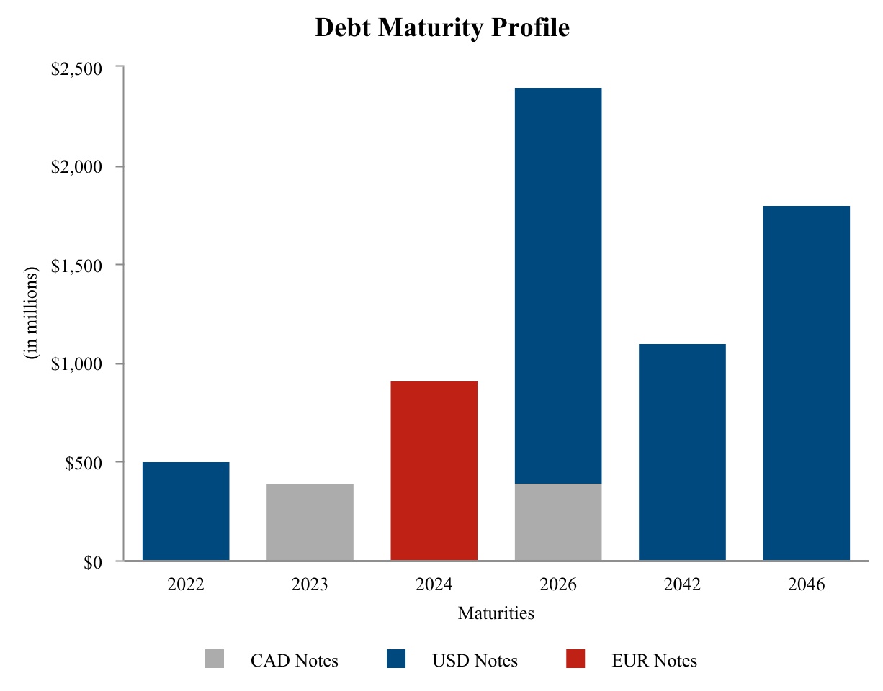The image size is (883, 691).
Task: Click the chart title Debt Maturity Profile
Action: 442,27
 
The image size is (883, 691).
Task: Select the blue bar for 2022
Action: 186,511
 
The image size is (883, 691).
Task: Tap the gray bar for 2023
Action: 310,522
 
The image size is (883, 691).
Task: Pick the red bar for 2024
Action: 434,471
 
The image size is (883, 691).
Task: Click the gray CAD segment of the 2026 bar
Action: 558,522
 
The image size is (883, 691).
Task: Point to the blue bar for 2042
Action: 682,452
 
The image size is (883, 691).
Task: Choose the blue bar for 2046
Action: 806,383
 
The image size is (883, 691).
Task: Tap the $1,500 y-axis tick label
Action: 76,265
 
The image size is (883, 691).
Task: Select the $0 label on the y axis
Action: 91,561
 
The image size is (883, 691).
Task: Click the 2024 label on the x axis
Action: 434,584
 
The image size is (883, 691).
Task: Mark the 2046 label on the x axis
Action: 806,584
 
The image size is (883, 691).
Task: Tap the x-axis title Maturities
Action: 496,613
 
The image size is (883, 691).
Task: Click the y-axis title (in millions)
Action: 32,314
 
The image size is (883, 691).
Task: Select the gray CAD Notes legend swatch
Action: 215,659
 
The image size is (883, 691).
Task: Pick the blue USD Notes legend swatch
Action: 396,659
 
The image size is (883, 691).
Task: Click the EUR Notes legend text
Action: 655,660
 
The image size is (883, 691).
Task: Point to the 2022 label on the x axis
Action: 186,584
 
